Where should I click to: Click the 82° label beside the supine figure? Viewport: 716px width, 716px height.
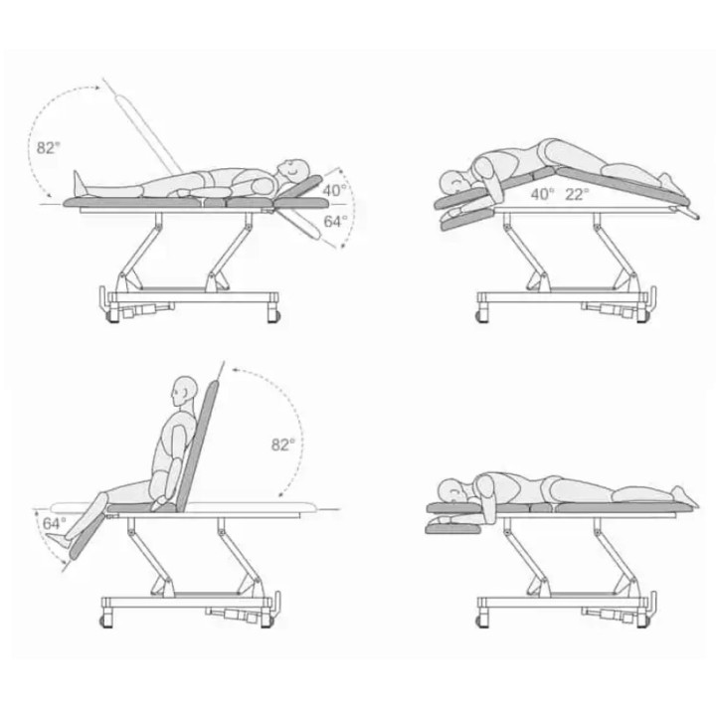pos(49,147)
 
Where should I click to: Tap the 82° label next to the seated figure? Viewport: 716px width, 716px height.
pos(283,445)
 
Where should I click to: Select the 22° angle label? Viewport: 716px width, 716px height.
pos(577,194)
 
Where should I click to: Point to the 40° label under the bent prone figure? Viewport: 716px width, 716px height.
pos(543,194)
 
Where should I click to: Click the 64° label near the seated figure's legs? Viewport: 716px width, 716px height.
pos(55,523)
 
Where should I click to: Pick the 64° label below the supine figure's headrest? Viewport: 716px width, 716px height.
pos(336,221)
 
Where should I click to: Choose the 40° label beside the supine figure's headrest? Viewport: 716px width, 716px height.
pos(335,190)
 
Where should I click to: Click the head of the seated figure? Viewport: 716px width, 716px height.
pos(185,392)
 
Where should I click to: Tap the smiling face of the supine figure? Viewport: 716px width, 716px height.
pos(292,170)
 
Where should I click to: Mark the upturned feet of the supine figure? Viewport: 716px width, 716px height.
pos(80,183)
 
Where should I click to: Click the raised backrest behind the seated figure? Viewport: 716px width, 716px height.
pos(198,447)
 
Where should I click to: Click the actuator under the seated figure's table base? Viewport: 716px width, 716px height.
pos(234,615)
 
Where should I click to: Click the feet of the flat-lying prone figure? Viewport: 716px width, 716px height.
pos(685,496)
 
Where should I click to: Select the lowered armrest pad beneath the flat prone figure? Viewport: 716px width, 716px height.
pos(453,528)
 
